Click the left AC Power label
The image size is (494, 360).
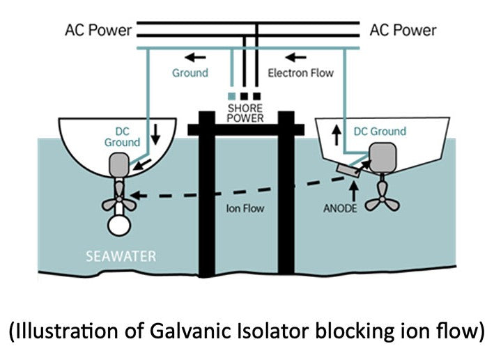[x=98, y=30]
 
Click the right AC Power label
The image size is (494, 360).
[x=403, y=30]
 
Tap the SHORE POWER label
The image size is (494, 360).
[x=246, y=113]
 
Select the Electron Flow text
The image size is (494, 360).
[x=301, y=72]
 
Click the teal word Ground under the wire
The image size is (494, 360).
[x=190, y=72]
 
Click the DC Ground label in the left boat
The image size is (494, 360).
[x=123, y=136]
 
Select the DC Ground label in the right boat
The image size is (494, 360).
[x=380, y=131]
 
